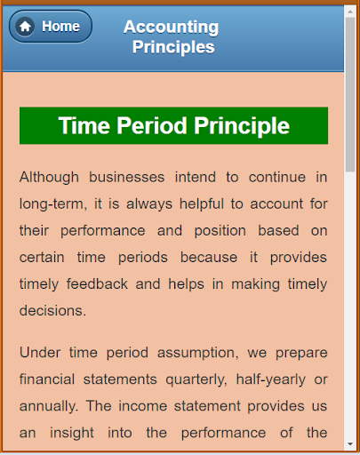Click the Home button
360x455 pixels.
coord(51,27)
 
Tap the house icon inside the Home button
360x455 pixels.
coord(25,27)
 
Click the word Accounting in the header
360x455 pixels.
coord(172,28)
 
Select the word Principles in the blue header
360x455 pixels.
coord(173,47)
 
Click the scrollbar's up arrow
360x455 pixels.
coord(350,12)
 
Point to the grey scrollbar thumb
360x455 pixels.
coord(350,94)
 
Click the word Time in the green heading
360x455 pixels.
coord(84,125)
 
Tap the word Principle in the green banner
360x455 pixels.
coord(242,126)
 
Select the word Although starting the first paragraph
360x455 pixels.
coord(49,178)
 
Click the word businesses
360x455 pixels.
coord(127,178)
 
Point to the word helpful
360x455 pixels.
coord(202,204)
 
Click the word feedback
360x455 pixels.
coord(97,283)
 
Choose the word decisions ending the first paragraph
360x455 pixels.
coord(52,310)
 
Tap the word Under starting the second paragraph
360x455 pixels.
coord(40,353)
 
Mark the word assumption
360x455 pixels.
coord(198,353)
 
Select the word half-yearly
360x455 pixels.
coord(271,379)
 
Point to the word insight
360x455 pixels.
coord(72,434)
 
